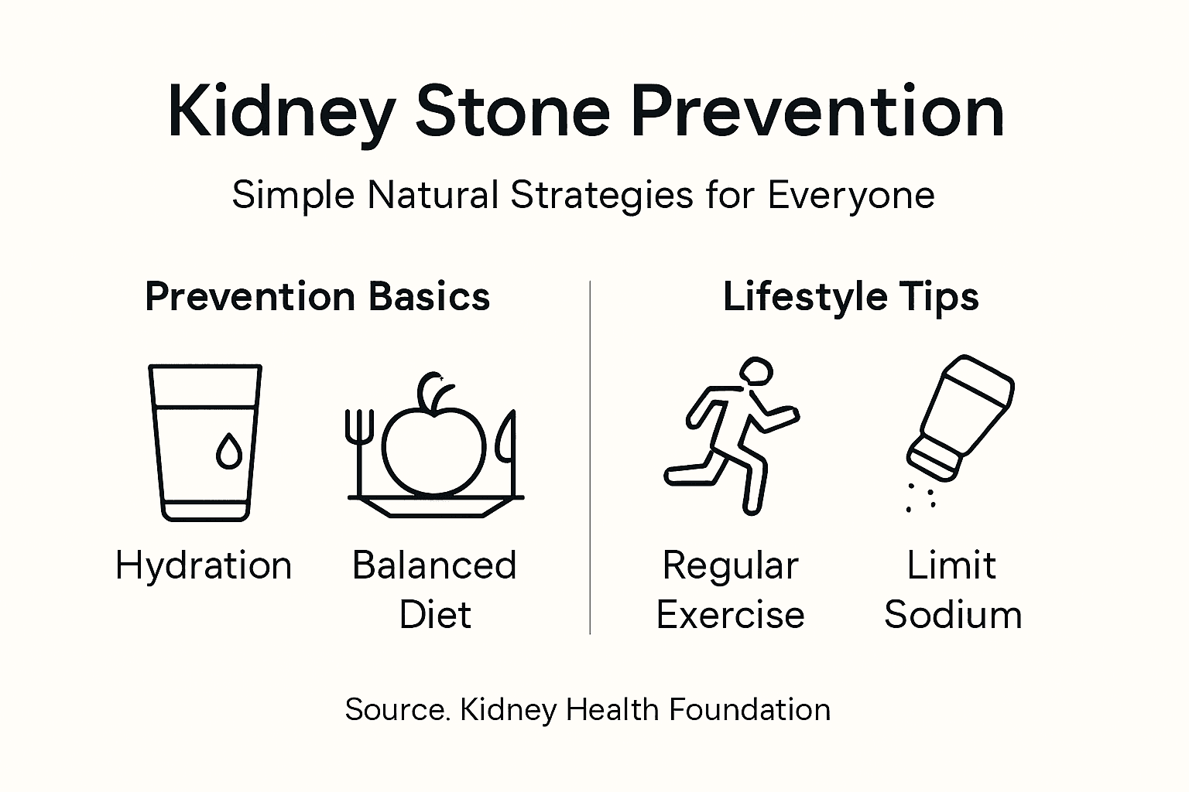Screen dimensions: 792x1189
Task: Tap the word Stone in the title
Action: coord(512,113)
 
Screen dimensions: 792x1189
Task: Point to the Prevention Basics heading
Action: coord(317,297)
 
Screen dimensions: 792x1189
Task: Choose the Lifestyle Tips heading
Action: coord(851,297)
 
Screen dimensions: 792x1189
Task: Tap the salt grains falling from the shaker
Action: coord(920,497)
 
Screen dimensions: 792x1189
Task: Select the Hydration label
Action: coord(204,565)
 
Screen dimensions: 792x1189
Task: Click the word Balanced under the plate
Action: coord(434,565)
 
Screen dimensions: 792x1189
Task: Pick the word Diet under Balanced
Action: coord(434,615)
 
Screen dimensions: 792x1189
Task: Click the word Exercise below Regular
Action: coord(730,615)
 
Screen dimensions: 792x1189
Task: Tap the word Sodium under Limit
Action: coord(952,615)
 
